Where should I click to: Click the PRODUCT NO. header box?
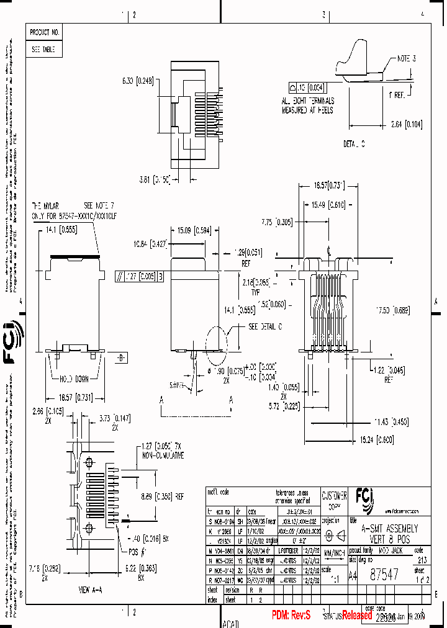pos(45,32)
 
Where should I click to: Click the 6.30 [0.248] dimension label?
pos(137,80)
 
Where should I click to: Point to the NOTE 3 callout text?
pos(406,59)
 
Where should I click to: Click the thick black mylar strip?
pos(75,255)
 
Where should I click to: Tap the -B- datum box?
pos(121,358)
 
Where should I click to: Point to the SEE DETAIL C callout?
pos(266,326)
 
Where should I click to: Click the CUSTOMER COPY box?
pos(334,500)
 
